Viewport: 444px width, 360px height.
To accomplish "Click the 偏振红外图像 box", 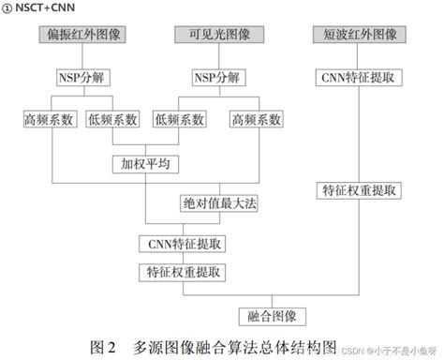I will (81, 35).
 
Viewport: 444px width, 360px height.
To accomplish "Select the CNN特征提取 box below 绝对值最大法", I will (185, 244).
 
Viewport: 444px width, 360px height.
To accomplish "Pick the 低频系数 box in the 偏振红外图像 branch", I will (112, 120).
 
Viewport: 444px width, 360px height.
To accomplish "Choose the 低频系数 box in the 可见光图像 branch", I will (181, 120).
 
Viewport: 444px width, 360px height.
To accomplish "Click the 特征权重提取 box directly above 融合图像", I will (185, 273).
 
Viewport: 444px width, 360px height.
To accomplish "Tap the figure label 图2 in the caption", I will (101, 345).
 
